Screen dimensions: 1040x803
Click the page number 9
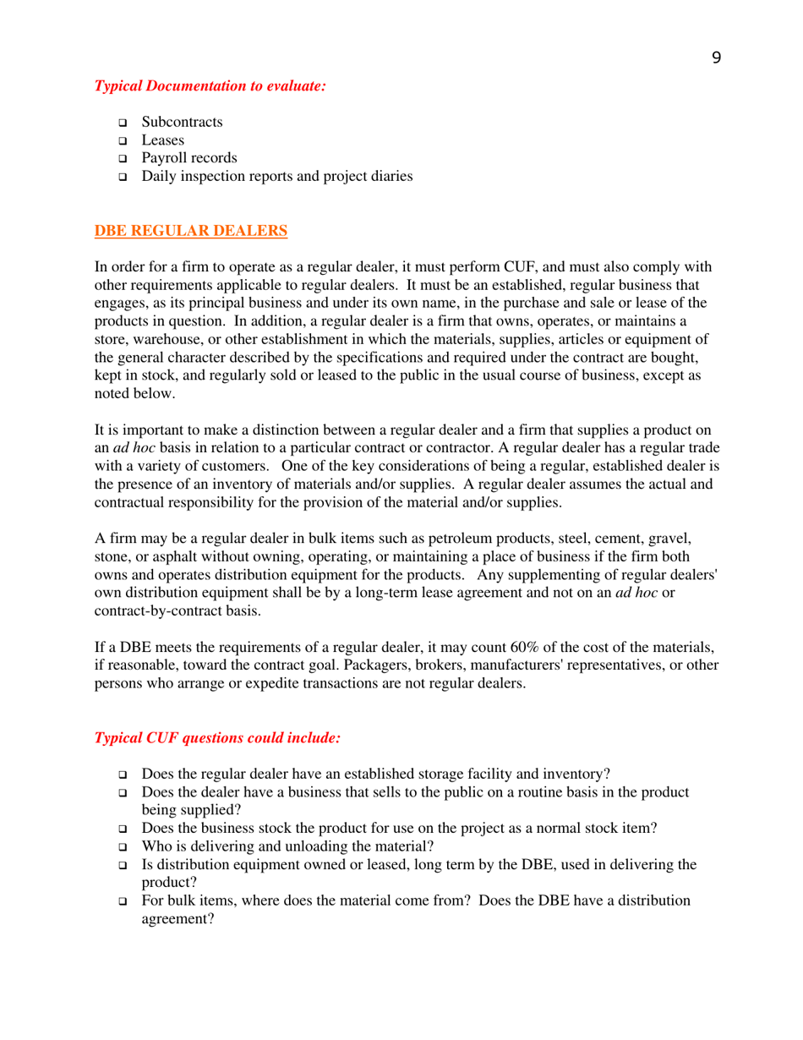point(717,57)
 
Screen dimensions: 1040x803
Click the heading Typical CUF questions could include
point(217,737)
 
